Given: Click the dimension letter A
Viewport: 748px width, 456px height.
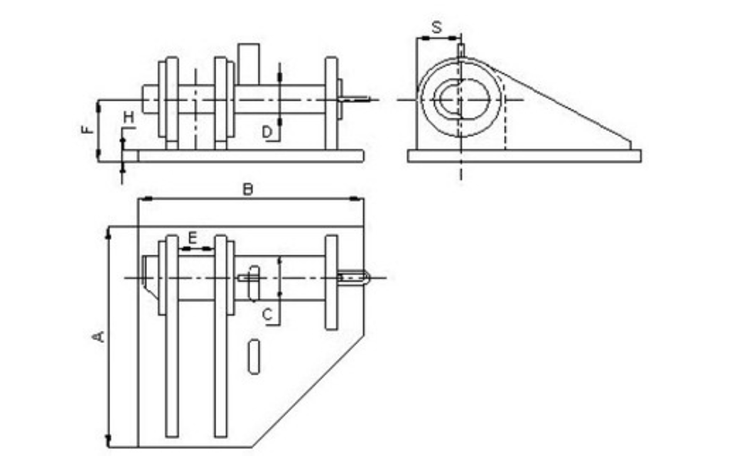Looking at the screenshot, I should coord(98,336).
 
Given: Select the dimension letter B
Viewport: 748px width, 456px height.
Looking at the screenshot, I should coord(248,188).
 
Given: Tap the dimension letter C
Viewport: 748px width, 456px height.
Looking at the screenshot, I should coord(267,314).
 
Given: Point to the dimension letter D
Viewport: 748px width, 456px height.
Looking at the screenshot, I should coord(267,132).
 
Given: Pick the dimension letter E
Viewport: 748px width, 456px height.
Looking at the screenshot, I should coord(193,238).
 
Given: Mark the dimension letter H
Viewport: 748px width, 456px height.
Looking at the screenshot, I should coord(129,117).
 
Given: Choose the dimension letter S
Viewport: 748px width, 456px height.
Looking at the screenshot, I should coord(436,28).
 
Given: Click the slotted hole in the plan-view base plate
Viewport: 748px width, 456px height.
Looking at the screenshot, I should coord(254,358).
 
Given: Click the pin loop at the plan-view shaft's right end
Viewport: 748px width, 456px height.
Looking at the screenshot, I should coord(356,277).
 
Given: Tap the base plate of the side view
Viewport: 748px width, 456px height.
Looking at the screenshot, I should coord(523,156).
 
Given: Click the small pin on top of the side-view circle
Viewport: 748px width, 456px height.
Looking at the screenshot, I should coord(461,50).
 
